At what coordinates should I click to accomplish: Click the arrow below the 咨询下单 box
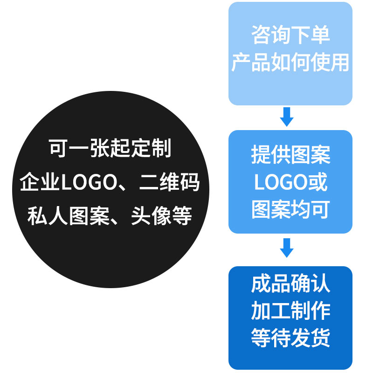287,117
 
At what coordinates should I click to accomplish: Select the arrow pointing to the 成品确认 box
287,248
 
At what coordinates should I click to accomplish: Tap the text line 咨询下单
290,35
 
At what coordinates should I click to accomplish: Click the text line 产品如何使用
290,62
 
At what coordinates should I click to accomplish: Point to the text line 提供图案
290,154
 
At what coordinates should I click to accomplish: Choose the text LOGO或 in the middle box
290,182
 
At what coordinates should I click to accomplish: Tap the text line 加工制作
290,311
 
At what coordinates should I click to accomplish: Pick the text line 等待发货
290,338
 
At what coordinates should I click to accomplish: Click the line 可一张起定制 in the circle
111,148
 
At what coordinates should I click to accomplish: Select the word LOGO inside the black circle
88,183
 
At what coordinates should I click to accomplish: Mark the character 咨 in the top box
261,35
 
